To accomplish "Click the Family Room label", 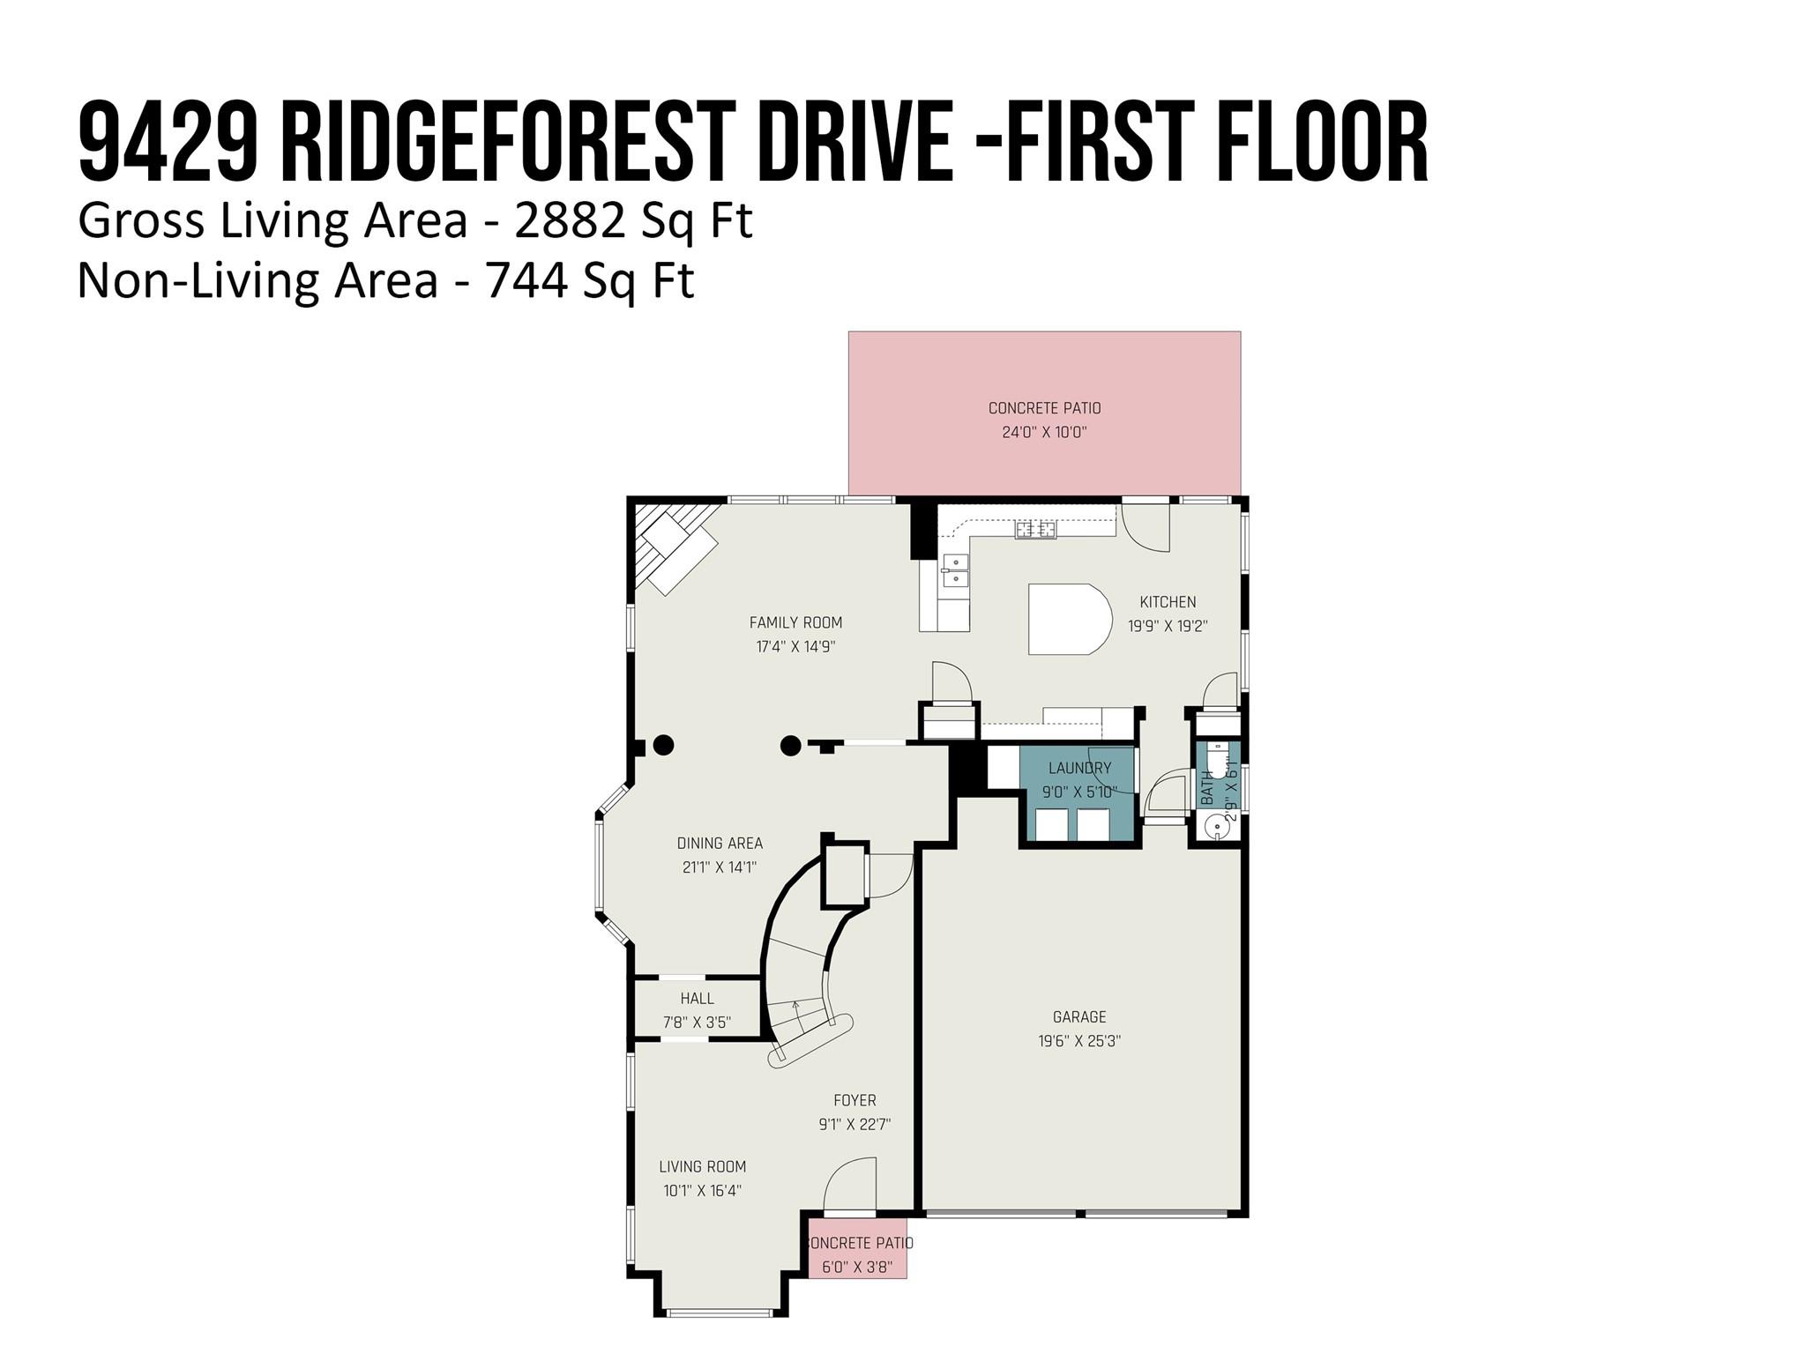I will [795, 622].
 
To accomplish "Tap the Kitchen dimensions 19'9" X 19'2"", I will [1168, 627].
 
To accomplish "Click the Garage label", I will [1078, 1017].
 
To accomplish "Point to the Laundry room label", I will [1079, 769].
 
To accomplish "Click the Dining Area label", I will [720, 844].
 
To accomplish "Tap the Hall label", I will [697, 999].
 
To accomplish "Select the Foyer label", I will [854, 1100].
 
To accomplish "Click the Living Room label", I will [703, 1167].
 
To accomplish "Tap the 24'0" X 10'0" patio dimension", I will [1044, 433].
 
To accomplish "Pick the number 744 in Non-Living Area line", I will [526, 281].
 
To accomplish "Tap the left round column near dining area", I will [664, 746].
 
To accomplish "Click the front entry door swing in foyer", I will [850, 1186].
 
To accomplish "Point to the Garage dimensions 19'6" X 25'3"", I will [1078, 1041].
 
